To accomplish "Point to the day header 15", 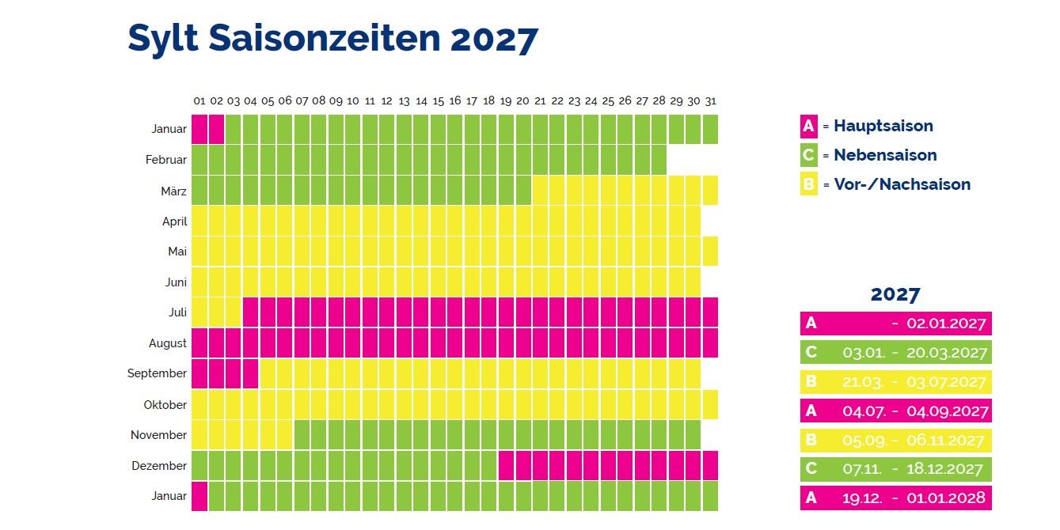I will [438, 101].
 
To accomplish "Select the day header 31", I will [710, 101].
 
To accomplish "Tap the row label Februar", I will [166, 160].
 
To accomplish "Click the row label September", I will [157, 373].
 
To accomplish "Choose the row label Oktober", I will [165, 404].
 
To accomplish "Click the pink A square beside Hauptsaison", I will [808, 126].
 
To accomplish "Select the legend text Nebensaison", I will [885, 155].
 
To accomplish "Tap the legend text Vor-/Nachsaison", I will [902, 184].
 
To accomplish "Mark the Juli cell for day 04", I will [251, 312].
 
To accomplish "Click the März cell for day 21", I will [540, 190].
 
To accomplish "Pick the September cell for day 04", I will [251, 373].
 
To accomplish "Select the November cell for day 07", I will [302, 435].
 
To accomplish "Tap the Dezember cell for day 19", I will [506, 466].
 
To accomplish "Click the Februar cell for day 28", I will [659, 160].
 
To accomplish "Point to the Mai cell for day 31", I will [710, 252].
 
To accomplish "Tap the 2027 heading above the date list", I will [895, 294].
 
